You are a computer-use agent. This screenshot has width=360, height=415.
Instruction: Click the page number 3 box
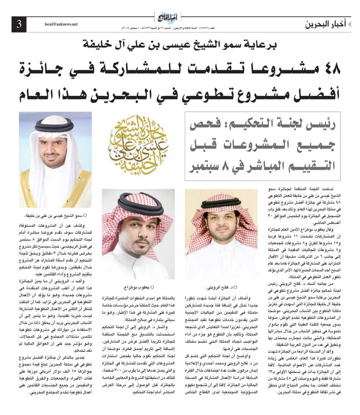[x=19, y=24]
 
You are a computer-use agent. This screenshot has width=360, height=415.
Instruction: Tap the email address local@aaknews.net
[x=61, y=24]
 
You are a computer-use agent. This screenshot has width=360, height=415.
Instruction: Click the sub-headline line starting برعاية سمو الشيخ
[x=180, y=45]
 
